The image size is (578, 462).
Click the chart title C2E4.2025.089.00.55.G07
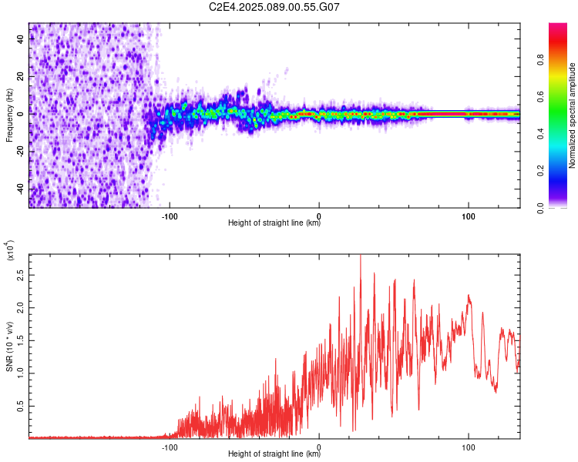click(x=274, y=7)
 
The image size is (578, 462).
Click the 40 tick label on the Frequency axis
click(x=21, y=39)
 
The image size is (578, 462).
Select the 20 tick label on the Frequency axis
click(x=21, y=77)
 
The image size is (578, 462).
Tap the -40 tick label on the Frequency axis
click(x=21, y=188)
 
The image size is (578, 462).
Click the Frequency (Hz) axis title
click(x=9, y=115)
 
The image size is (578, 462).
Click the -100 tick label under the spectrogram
click(x=170, y=216)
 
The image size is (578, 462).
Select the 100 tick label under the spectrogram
click(x=468, y=216)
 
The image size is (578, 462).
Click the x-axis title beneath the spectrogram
click(x=274, y=223)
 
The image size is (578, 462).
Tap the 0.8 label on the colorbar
click(x=540, y=59)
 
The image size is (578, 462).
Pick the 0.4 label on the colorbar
click(x=540, y=134)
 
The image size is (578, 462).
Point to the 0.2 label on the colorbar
click(x=540, y=171)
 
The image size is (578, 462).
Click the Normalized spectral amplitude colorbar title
click(x=572, y=115)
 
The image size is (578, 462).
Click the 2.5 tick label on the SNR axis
click(x=21, y=275)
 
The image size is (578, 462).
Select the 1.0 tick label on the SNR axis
click(x=21, y=373)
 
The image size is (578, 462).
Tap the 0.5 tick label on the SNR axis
click(x=21, y=406)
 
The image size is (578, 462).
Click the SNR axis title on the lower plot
click(x=9, y=346)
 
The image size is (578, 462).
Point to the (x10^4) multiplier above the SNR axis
click(x=10, y=250)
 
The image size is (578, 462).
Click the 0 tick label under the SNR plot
click(x=319, y=447)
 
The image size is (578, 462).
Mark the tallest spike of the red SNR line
click(x=361, y=256)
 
